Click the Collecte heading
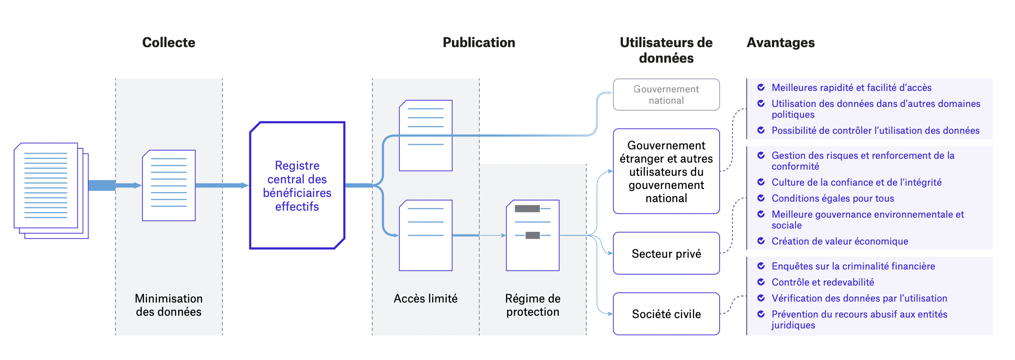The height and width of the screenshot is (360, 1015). coord(169,42)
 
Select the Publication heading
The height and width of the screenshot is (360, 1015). coord(479,42)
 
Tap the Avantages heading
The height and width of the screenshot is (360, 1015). coord(780,42)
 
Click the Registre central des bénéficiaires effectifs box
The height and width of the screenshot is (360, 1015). coord(297,186)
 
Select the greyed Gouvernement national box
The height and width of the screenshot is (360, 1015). coord(666,95)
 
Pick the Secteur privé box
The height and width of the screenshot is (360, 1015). coord(666,254)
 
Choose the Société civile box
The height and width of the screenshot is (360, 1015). coord(666,314)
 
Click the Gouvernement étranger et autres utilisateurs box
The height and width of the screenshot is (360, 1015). coord(666,172)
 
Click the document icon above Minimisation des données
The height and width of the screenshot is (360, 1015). coord(169,186)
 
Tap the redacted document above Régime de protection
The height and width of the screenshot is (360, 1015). coord(532,235)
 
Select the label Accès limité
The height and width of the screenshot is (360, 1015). coord(426,299)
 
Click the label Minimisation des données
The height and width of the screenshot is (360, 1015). coord(169,305)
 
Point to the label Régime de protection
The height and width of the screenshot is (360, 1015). coord(532,305)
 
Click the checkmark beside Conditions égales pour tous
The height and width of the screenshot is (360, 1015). coord(761,198)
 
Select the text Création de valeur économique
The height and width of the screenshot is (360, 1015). coord(840,241)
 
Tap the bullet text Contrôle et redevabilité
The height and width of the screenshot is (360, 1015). coord(822,282)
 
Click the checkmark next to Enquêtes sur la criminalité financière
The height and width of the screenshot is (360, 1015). coord(761,266)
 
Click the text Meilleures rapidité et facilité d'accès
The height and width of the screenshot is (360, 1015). coord(851,88)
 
